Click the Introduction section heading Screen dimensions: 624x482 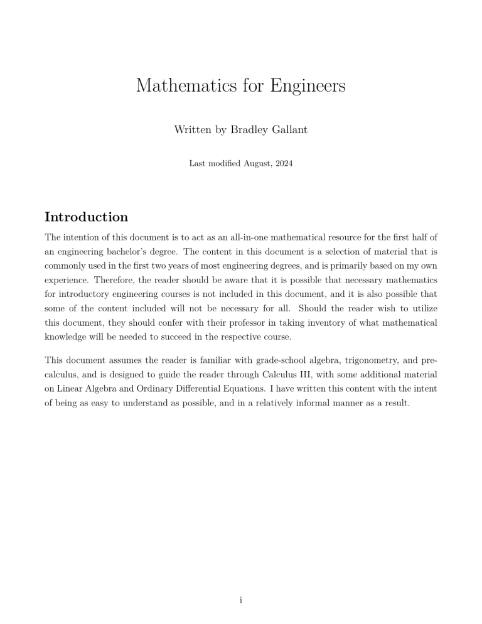click(x=87, y=217)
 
